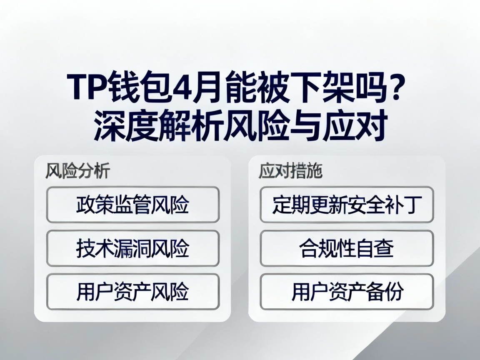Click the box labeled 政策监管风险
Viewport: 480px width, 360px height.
132,205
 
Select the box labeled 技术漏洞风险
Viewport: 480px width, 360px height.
132,248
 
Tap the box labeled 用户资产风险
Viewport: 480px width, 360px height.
132,292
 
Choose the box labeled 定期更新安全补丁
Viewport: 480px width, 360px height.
347,205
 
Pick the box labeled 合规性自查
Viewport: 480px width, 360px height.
347,248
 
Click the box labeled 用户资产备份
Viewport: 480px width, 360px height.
347,292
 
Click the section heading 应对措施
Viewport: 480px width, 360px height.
290,171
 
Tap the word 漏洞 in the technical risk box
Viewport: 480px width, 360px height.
132,248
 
